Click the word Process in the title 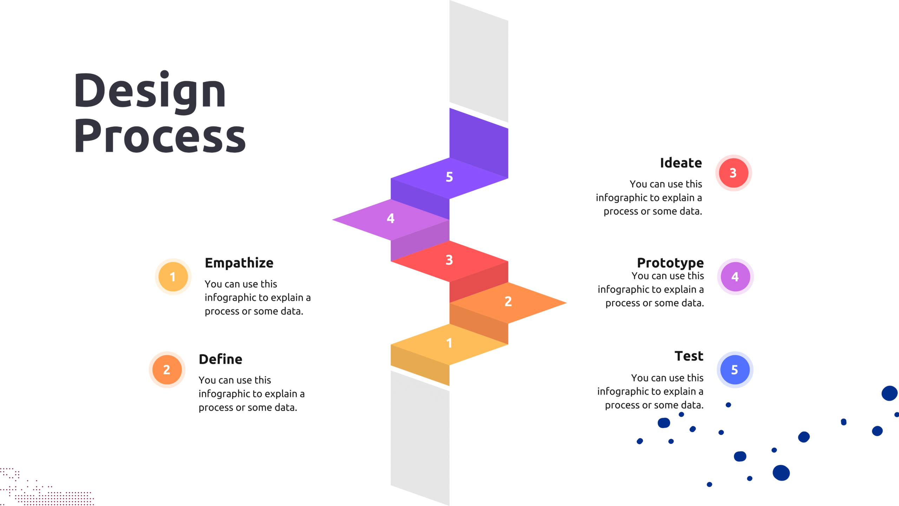(160, 136)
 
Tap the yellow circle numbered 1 (173, 277)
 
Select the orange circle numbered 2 (167, 370)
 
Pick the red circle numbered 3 (734, 173)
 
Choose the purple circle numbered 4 (735, 277)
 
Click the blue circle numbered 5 (735, 370)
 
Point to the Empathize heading (239, 263)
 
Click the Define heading (221, 359)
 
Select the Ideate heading (681, 163)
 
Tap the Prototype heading (670, 263)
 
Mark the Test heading (689, 356)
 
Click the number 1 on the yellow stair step (449, 343)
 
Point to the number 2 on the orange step (508, 301)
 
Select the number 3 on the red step (449, 260)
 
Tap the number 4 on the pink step (391, 219)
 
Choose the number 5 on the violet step (449, 177)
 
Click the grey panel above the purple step (479, 61)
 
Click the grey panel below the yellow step (420, 438)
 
